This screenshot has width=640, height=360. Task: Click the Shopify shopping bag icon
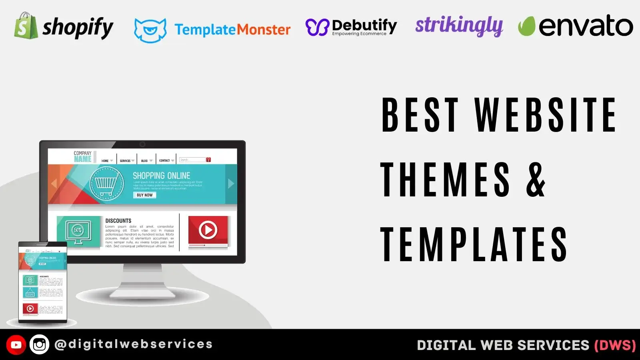pos(26,26)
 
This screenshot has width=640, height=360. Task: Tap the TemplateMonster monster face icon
pos(150,30)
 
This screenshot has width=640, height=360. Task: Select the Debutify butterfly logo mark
pos(317,27)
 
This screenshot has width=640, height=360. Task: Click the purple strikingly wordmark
pos(459,26)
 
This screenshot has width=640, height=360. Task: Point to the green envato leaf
pos(526,26)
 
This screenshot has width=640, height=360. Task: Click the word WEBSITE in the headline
pos(546,115)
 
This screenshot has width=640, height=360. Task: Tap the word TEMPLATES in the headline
pos(474,244)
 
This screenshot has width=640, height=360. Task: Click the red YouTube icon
pos(16,345)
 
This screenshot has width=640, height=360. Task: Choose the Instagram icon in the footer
pos(40,345)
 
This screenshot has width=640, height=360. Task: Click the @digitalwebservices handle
pos(134,344)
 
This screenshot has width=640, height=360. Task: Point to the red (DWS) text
pos(615,345)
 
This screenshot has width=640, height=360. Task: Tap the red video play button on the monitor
pos(208,230)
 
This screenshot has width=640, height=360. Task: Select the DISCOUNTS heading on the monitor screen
pos(118,220)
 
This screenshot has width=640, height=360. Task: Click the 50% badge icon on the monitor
pos(78,231)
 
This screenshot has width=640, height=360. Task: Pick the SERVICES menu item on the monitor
pos(125,161)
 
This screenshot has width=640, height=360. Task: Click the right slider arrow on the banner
pos(231,184)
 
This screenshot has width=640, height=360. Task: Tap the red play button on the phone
pos(30,309)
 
